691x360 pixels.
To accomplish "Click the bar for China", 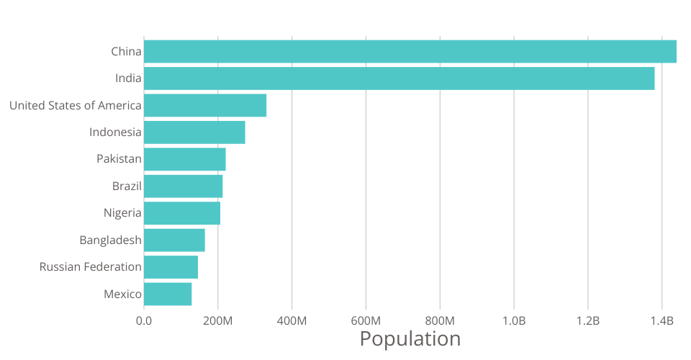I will click(410, 51).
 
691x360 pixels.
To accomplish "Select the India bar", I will click(399, 78).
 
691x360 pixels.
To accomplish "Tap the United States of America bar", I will click(205, 105).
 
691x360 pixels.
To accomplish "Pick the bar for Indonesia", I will click(194, 132).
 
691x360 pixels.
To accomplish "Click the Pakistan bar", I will click(185, 159).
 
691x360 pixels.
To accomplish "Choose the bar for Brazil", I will click(184, 186).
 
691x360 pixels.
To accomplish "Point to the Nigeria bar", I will click(182, 213).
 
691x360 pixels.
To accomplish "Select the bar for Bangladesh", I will click(174, 240).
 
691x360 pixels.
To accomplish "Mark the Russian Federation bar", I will click(171, 267).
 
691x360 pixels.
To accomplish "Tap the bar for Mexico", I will click(168, 294).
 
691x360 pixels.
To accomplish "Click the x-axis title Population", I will click(410, 338).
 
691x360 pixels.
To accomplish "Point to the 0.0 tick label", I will click(144, 320).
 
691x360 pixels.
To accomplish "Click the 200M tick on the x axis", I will click(218, 320).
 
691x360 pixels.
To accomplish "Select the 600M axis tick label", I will click(366, 320).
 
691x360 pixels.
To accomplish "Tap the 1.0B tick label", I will click(514, 320).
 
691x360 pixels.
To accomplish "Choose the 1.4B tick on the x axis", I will click(662, 320).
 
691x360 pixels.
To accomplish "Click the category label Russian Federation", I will click(91, 267).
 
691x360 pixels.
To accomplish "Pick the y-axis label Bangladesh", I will click(111, 240).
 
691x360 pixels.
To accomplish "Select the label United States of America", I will click(76, 105).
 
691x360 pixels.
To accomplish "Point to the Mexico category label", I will click(122, 294).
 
